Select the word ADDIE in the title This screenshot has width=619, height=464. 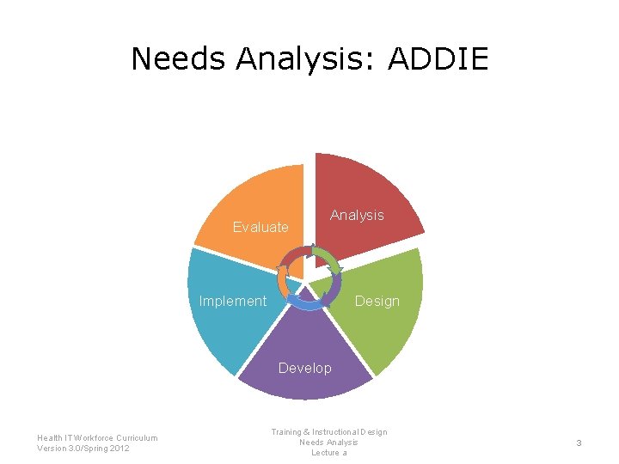[x=438, y=58]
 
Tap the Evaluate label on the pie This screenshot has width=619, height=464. [x=260, y=227]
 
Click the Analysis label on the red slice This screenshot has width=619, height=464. [x=357, y=215]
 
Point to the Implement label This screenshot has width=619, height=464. [x=232, y=301]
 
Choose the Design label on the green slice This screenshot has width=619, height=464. [x=377, y=301]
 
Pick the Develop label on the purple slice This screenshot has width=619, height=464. [x=304, y=368]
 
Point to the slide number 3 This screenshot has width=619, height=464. [x=579, y=443]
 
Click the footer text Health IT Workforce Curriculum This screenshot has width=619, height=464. [x=97, y=437]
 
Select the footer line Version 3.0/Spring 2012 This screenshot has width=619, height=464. [x=83, y=448]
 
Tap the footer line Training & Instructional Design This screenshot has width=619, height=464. [x=328, y=431]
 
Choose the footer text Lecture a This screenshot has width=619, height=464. [x=328, y=453]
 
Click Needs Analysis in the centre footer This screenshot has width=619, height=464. [x=328, y=442]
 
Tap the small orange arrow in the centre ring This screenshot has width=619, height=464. [x=281, y=277]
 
